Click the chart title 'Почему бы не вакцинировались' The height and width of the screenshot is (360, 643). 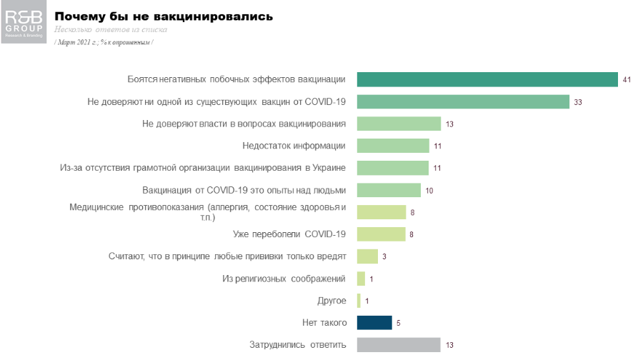(x=164, y=16)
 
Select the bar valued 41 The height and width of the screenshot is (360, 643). (x=487, y=79)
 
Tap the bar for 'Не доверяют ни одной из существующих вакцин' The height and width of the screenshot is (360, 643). (x=462, y=101)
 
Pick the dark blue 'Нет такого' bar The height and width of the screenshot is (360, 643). (x=374, y=323)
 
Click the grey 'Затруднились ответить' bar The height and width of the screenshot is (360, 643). (x=399, y=345)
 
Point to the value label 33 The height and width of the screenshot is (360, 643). (x=578, y=102)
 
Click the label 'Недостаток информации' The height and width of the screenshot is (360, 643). (x=294, y=146)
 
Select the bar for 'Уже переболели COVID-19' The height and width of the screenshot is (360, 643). (x=381, y=234)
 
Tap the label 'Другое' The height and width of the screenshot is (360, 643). (x=332, y=301)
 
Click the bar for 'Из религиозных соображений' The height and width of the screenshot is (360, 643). (x=361, y=279)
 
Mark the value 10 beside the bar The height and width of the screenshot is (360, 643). (x=429, y=191)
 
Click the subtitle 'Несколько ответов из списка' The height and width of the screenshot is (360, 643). (x=111, y=30)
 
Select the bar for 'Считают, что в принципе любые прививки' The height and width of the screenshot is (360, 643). (x=367, y=256)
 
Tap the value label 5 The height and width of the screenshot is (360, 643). (x=398, y=324)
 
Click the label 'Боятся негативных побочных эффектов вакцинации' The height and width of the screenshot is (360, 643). (x=236, y=79)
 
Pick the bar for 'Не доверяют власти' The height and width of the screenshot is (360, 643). (x=399, y=124)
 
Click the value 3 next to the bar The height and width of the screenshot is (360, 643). (x=384, y=257)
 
